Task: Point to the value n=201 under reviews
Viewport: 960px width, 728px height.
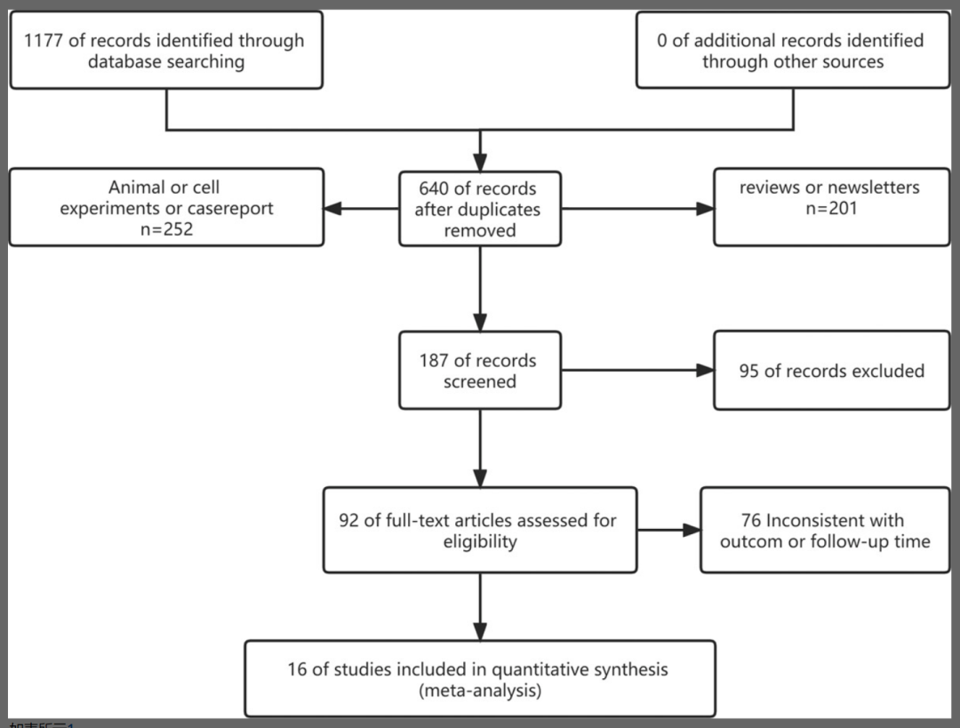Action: click(830, 210)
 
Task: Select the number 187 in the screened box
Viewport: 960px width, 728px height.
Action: click(436, 361)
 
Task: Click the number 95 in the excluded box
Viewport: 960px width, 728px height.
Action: click(749, 371)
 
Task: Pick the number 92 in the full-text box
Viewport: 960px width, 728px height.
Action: click(349, 520)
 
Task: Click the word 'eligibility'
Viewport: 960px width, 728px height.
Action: click(480, 541)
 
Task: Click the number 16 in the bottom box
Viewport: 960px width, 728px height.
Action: click(297, 669)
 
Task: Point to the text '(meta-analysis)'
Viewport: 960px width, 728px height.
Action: click(479, 691)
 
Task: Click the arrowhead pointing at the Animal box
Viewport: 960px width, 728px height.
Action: click(332, 209)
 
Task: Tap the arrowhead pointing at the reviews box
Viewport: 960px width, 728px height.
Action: click(705, 209)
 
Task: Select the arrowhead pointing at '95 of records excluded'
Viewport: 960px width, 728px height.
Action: click(705, 370)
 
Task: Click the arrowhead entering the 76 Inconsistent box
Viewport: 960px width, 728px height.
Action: click(692, 530)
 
